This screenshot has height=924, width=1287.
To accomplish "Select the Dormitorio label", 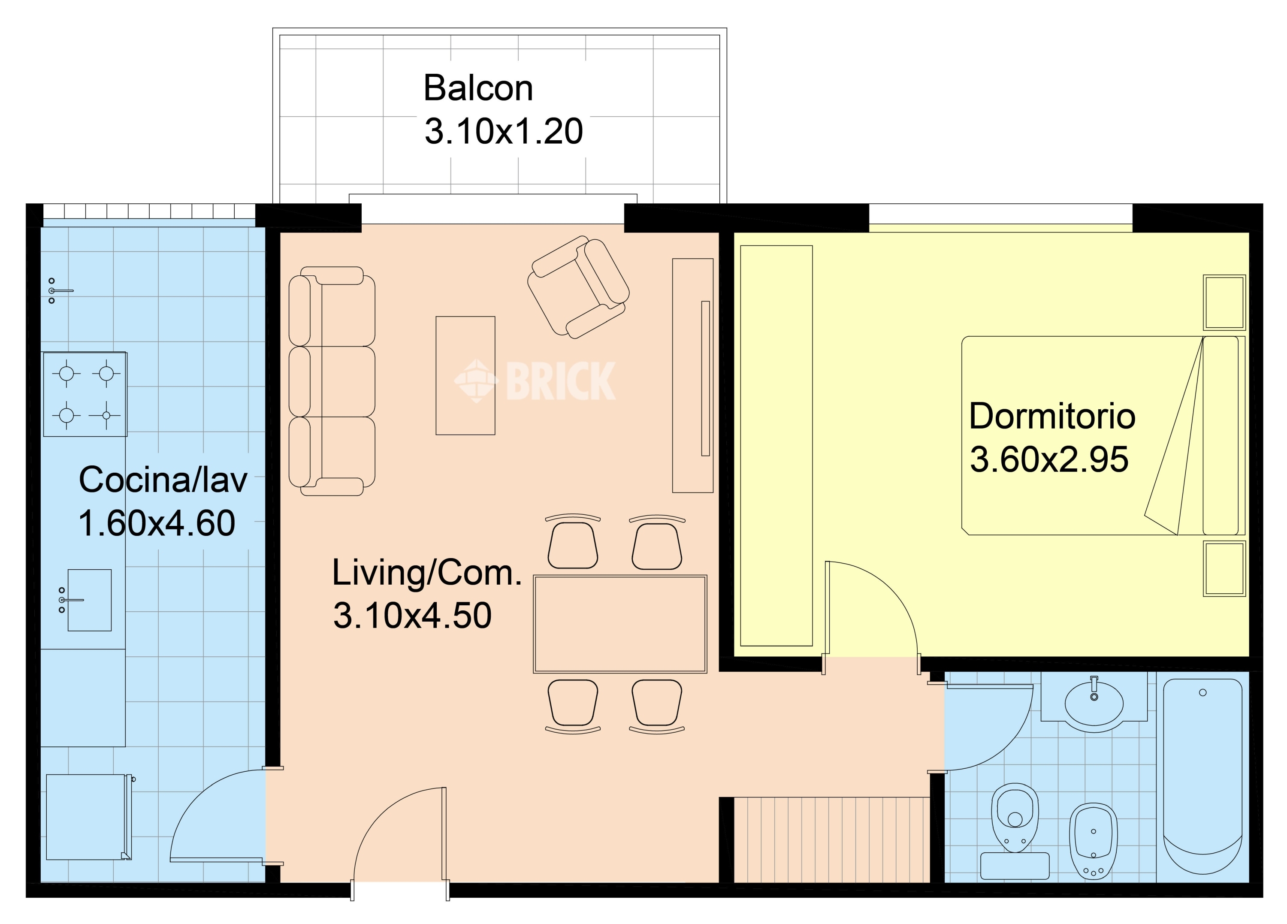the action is tap(1052, 416).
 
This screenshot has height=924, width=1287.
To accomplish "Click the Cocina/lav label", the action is tap(163, 480).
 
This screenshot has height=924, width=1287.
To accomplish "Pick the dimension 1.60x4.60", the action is tap(157, 523).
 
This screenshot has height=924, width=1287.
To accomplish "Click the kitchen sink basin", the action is tap(89, 600).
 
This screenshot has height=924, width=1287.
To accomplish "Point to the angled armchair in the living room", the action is tap(578, 287).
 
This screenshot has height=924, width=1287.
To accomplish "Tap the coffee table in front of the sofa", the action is tap(465, 376).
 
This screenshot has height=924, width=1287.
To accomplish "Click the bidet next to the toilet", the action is tap(1094, 841).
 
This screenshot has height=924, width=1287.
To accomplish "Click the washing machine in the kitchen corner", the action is tap(88, 817).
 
